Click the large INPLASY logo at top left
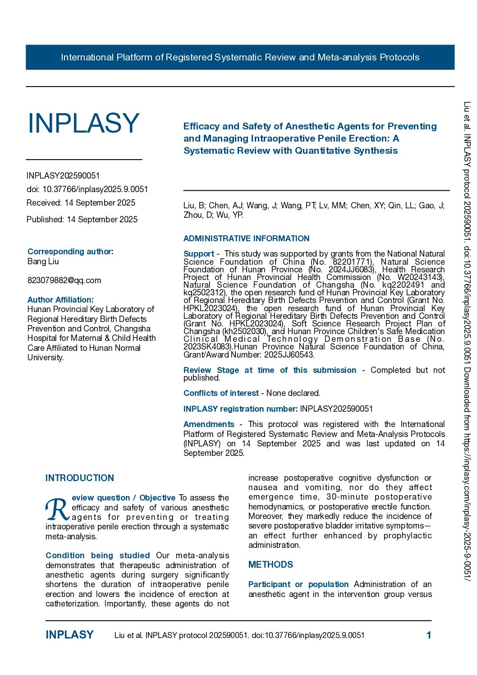click(83, 123)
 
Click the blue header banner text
click(240, 57)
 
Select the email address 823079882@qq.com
click(64, 280)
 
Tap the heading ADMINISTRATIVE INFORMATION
click(246, 239)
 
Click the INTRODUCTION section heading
click(80, 478)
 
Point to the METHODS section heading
click(271, 565)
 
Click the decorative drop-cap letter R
click(57, 510)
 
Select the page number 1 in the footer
click(429, 635)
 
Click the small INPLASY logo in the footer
click(69, 635)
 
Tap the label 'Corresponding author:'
click(70, 252)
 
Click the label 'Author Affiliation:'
click(60, 300)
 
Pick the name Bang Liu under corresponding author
click(43, 262)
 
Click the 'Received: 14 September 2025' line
click(81, 203)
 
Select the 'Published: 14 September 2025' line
click(82, 220)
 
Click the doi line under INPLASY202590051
click(87, 189)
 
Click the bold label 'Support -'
click(201, 254)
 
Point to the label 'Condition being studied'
click(97, 556)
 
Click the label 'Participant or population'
click(298, 584)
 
